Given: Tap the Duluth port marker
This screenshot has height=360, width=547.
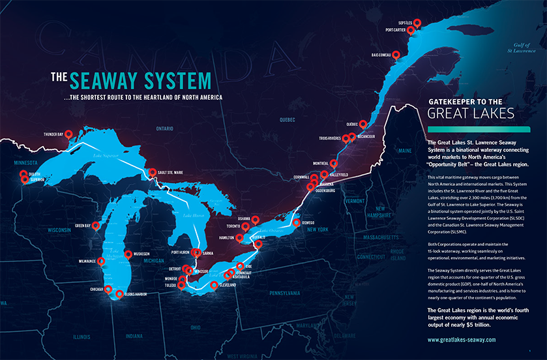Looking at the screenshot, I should pyautogui.click(x=23, y=173).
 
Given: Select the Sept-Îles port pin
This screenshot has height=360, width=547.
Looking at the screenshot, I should pyautogui.click(x=417, y=23).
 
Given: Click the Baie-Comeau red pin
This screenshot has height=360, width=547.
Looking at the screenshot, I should pyautogui.click(x=396, y=55).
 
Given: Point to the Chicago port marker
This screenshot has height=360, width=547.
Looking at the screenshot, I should pyautogui.click(x=108, y=290).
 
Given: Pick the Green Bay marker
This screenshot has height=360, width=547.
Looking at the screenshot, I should pyautogui.click(x=96, y=225).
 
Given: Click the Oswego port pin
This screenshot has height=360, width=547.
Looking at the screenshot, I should pyautogui.click(x=297, y=222).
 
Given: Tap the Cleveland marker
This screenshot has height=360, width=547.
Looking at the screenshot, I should pyautogui.click(x=214, y=284).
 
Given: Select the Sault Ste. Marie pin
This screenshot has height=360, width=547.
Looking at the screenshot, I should pyautogui.click(x=153, y=173).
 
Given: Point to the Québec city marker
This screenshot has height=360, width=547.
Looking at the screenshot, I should pyautogui.click(x=362, y=123).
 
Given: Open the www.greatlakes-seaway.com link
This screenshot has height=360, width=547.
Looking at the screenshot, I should pyautogui.click(x=462, y=340).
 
